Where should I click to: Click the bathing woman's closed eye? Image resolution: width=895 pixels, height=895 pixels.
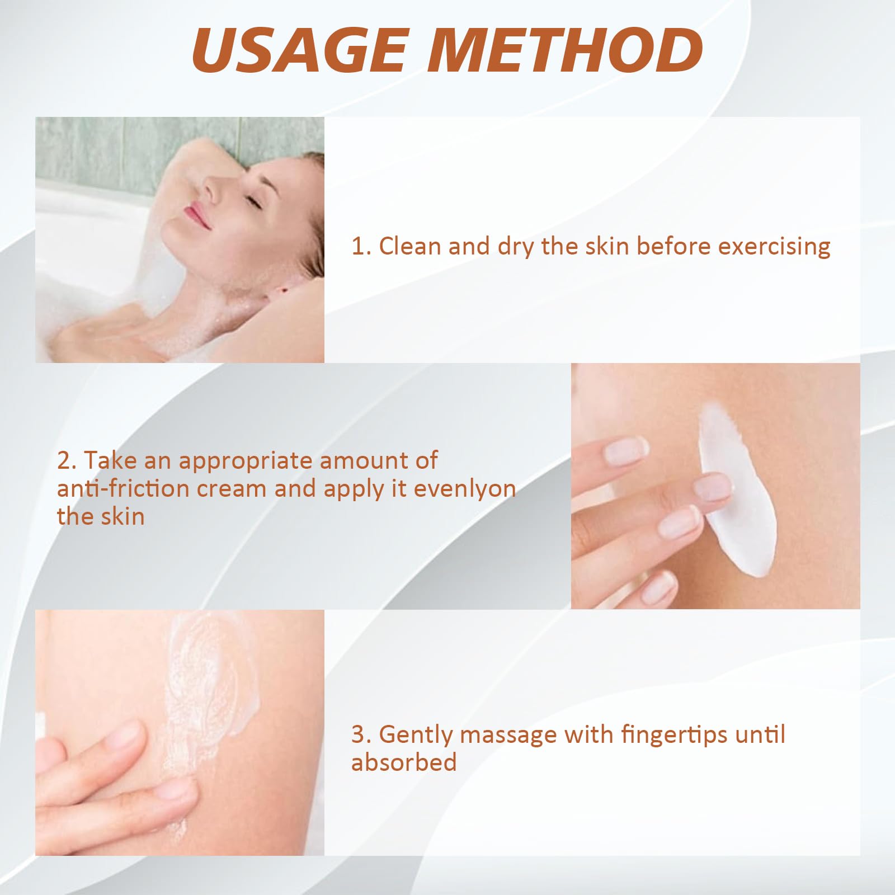click(252, 201)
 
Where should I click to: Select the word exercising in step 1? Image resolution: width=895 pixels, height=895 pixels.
click(774, 247)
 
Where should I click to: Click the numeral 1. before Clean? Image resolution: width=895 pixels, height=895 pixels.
click(361, 247)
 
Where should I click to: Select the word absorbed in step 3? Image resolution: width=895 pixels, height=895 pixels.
click(404, 762)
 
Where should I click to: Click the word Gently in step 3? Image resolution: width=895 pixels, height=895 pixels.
click(416, 735)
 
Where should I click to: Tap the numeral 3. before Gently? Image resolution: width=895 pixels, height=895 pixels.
click(361, 734)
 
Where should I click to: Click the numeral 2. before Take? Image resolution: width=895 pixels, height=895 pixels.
click(67, 461)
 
